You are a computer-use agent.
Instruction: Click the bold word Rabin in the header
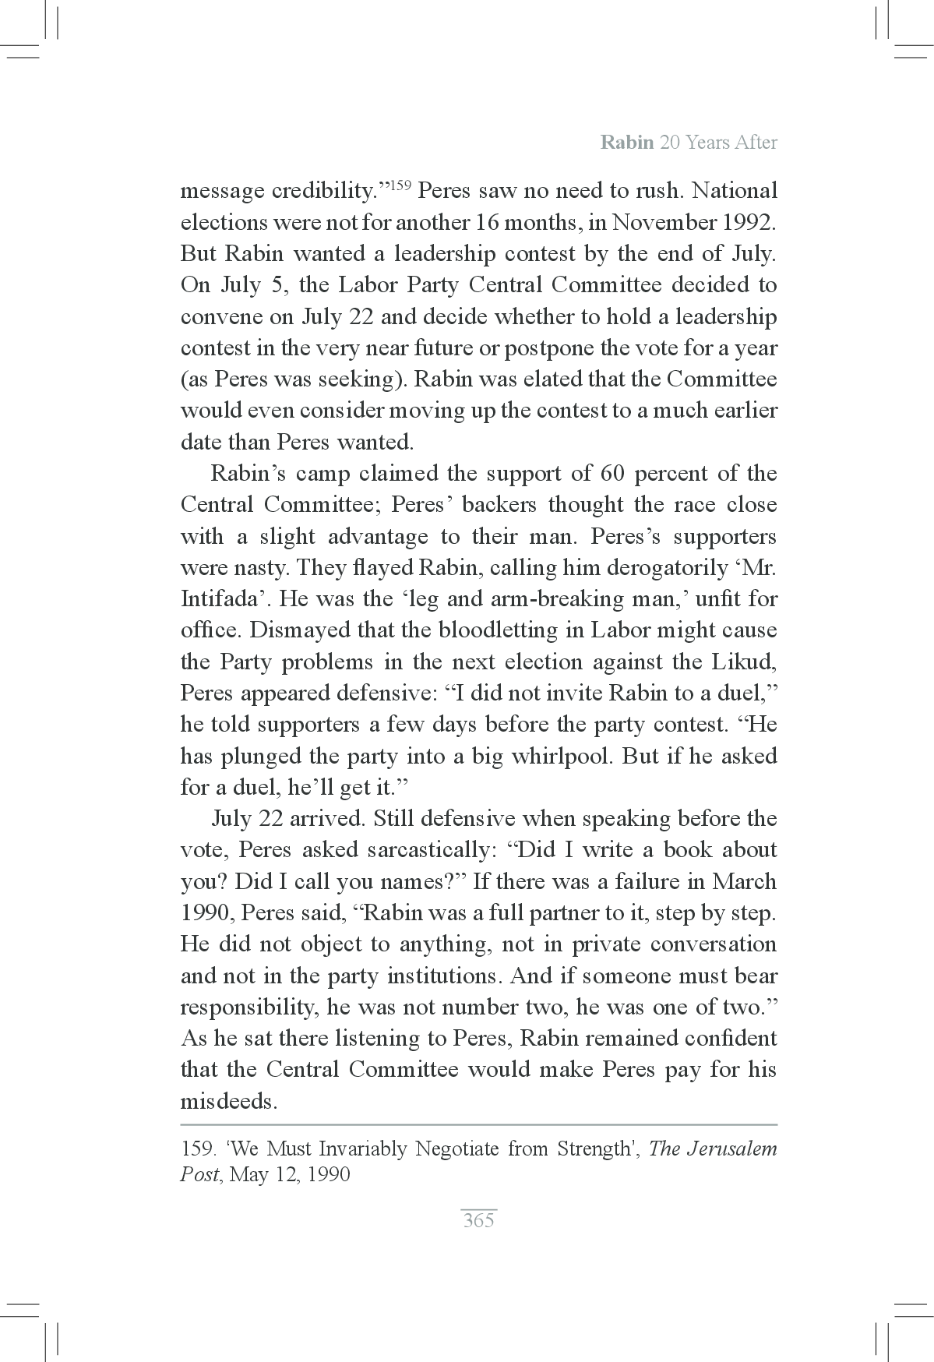tap(626, 143)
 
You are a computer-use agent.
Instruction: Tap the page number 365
tap(478, 1220)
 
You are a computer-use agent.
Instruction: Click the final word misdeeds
tap(229, 1102)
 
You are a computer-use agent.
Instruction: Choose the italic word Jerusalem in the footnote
tap(731, 1149)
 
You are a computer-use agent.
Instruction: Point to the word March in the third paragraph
tap(744, 882)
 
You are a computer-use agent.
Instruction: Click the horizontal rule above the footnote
tap(478, 1125)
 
